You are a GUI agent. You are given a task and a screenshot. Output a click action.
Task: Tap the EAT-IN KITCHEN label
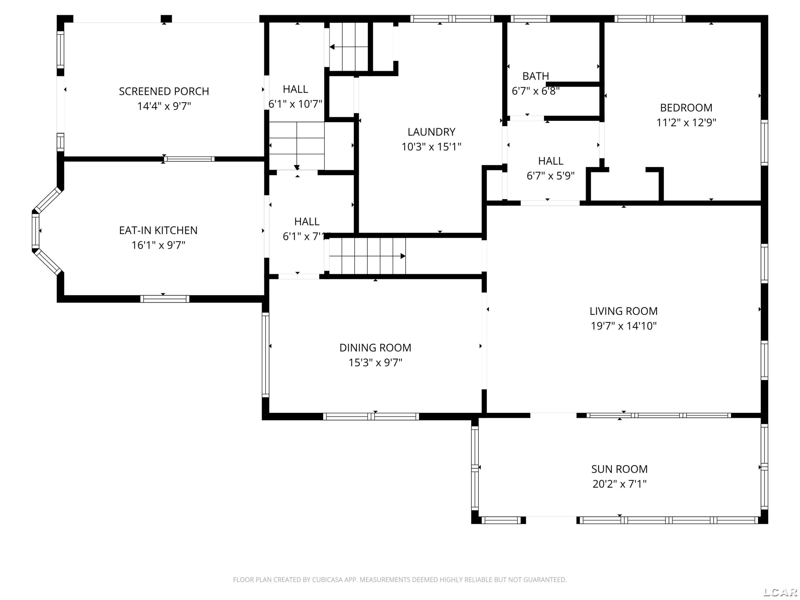pyautogui.click(x=158, y=230)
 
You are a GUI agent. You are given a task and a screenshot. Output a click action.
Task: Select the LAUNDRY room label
pyautogui.click(x=431, y=132)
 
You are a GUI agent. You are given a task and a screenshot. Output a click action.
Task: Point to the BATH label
pyautogui.click(x=536, y=76)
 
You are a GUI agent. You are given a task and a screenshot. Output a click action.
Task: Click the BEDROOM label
pyautogui.click(x=686, y=108)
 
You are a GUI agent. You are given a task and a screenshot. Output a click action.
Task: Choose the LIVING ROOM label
pyautogui.click(x=623, y=311)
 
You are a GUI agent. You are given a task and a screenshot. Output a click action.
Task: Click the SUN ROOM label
pyautogui.click(x=619, y=469)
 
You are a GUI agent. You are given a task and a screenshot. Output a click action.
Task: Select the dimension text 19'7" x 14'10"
pyautogui.click(x=623, y=326)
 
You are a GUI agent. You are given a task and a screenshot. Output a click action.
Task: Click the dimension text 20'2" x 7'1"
pyautogui.click(x=619, y=484)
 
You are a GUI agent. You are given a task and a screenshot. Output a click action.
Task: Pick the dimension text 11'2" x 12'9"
pyautogui.click(x=686, y=123)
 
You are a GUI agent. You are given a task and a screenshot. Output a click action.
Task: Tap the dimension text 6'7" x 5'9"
pyautogui.click(x=550, y=176)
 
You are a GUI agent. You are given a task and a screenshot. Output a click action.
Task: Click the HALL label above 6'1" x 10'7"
pyautogui.click(x=295, y=89)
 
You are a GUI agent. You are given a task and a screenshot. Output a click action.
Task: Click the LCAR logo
pyautogui.click(x=780, y=592)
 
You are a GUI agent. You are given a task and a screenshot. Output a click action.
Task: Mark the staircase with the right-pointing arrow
pyautogui.click(x=367, y=256)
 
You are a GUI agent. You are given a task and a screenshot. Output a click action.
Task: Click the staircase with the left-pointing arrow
pyautogui.click(x=349, y=47)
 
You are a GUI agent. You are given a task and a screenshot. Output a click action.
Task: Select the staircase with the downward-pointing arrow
pyautogui.click(x=297, y=146)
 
